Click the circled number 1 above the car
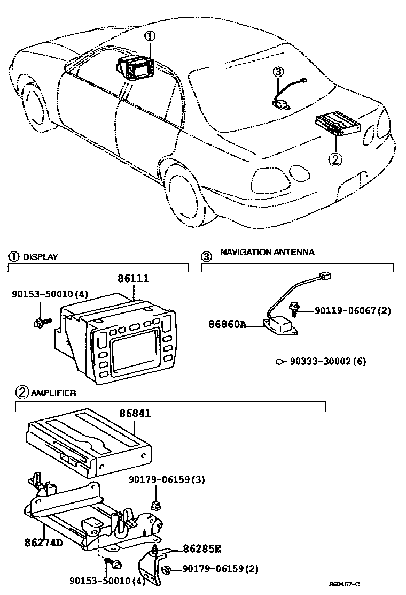pos(151,36)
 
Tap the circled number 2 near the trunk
pos(335,158)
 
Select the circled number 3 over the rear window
pos(277,72)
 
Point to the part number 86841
pos(134,413)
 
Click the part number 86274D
pos(44,541)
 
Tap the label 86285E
pos(202,548)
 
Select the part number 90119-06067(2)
pos(353,310)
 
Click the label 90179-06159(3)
pos(166,480)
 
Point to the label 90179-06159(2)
pos(220,568)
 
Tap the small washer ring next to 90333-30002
pos(279,362)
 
